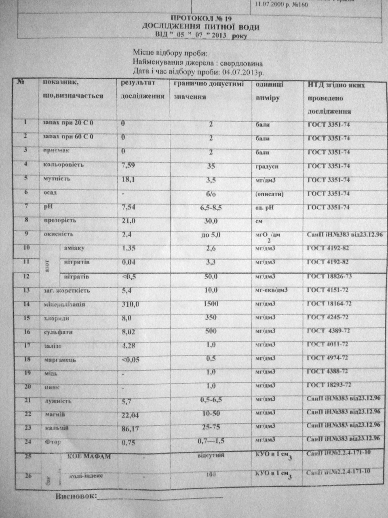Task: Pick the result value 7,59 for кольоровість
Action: point(129,166)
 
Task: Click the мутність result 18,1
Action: point(129,180)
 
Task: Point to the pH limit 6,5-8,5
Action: point(211,208)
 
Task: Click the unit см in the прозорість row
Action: point(260,221)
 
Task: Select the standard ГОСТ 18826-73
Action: point(329,276)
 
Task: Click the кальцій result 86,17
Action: point(131,429)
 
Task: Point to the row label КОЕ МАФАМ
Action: point(86,456)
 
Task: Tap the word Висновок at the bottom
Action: point(76,497)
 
